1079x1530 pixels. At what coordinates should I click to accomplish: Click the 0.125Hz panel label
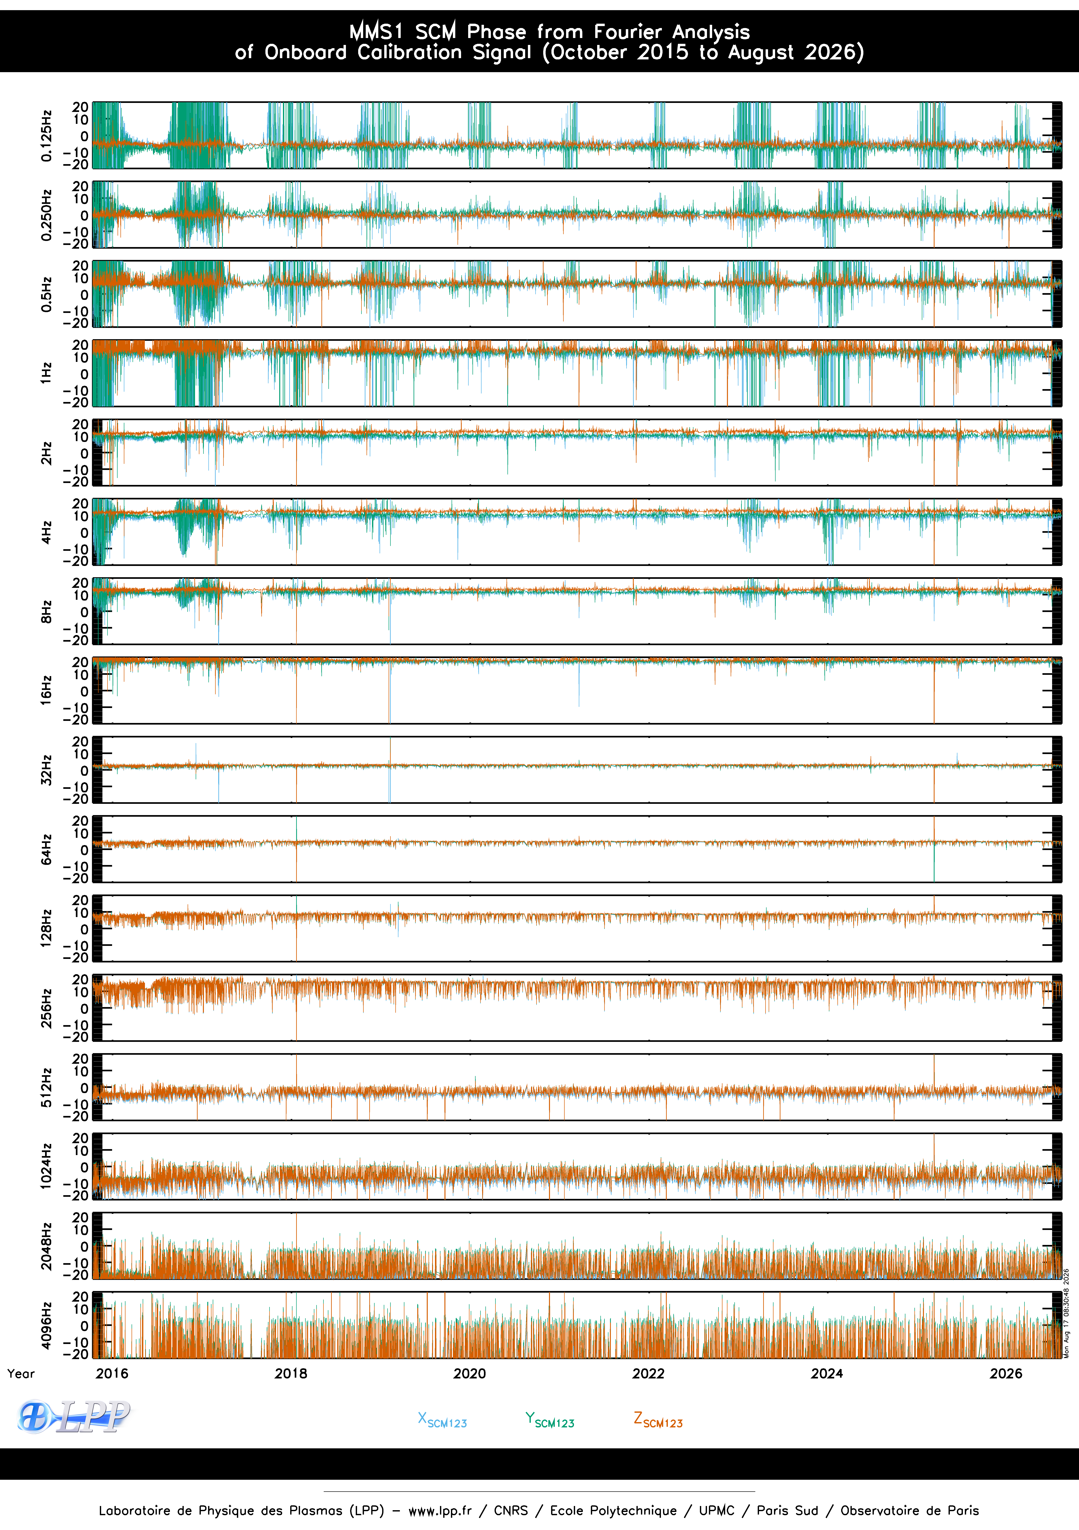tap(46, 135)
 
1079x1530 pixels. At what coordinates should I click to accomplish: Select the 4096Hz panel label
tap(46, 1325)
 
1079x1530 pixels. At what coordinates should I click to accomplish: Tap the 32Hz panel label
tap(46, 770)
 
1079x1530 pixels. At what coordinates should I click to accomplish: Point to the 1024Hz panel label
tap(46, 1166)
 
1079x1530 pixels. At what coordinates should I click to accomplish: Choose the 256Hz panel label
tap(46, 1008)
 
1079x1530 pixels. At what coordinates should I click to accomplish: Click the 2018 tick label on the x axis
tap(291, 1373)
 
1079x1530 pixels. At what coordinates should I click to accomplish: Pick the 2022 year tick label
tap(649, 1373)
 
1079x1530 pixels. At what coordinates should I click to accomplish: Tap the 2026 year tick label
tap(1006, 1373)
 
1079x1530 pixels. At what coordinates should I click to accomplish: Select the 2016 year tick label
tap(112, 1373)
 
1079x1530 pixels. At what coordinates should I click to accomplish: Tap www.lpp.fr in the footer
tap(440, 1511)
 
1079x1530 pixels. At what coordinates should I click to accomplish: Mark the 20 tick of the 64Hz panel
tap(80, 821)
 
